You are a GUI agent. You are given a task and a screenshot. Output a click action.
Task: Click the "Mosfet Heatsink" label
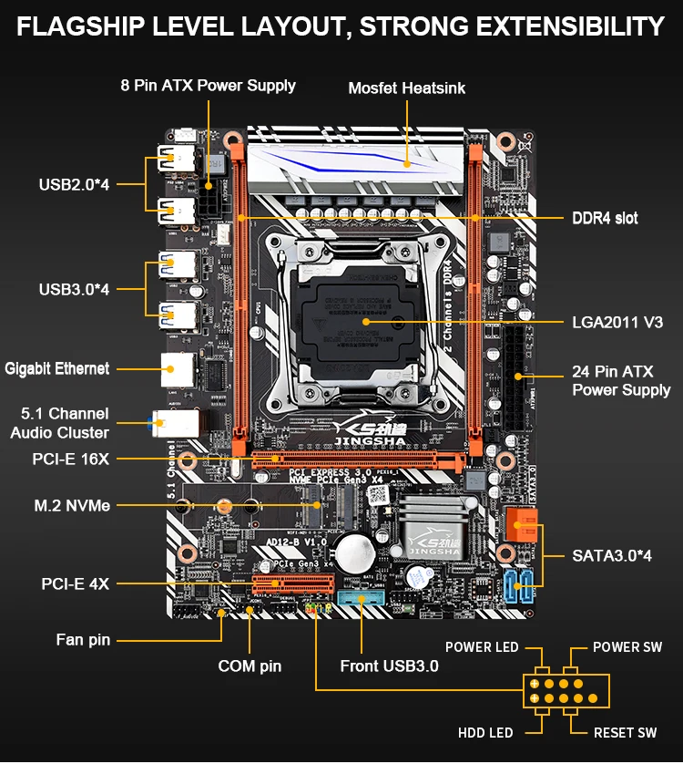point(406,88)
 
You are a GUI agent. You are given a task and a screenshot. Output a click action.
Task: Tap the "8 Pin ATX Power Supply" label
point(208,85)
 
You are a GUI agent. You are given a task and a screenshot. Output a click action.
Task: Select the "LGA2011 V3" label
point(617,322)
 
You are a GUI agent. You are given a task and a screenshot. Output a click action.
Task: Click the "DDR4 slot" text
point(605,218)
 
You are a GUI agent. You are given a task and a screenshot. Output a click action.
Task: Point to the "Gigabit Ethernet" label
point(57,368)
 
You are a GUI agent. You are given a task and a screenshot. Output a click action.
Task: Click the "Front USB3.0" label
point(389,666)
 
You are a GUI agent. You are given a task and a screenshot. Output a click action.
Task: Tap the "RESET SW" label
point(625,732)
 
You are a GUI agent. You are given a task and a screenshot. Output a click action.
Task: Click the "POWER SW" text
point(627,647)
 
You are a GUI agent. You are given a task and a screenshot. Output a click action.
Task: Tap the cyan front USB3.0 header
point(362,599)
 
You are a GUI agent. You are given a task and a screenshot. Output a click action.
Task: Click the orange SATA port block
point(522,528)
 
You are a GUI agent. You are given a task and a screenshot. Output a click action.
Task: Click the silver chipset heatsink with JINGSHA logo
point(432,530)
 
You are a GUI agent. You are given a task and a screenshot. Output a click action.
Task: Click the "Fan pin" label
point(83,640)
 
